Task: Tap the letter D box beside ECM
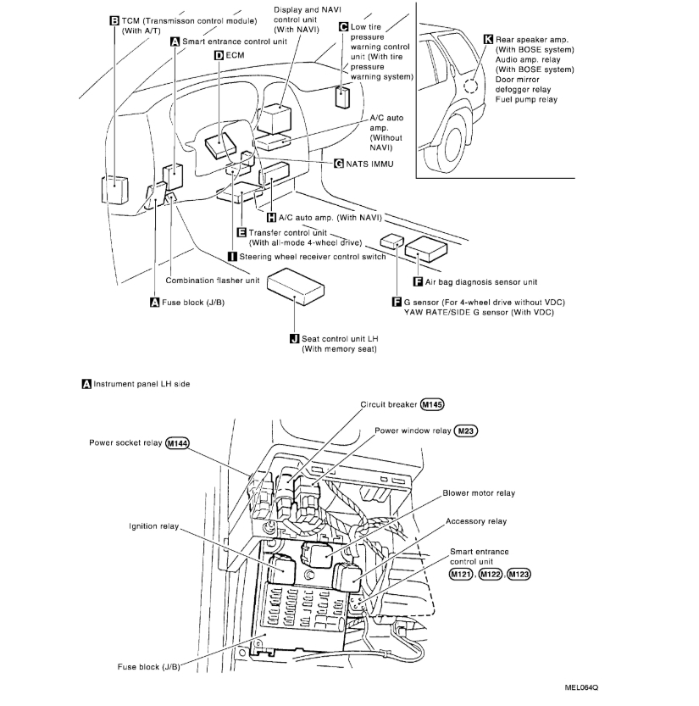pyautogui.click(x=219, y=55)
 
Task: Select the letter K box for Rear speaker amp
pyautogui.click(x=487, y=39)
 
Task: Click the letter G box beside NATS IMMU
pyautogui.click(x=338, y=162)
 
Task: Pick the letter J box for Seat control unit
pyautogui.click(x=294, y=339)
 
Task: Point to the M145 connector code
pyautogui.click(x=431, y=404)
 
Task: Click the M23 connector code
pyautogui.click(x=466, y=431)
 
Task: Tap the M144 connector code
pyautogui.click(x=178, y=442)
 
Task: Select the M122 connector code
pyautogui.click(x=489, y=574)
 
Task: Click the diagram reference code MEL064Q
pyautogui.click(x=590, y=687)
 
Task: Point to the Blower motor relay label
pyautogui.click(x=478, y=493)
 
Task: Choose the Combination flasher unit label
pyautogui.click(x=213, y=281)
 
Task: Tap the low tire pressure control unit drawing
pyautogui.click(x=344, y=97)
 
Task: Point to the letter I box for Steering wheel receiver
pyautogui.click(x=232, y=255)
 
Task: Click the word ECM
pyautogui.click(x=236, y=55)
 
